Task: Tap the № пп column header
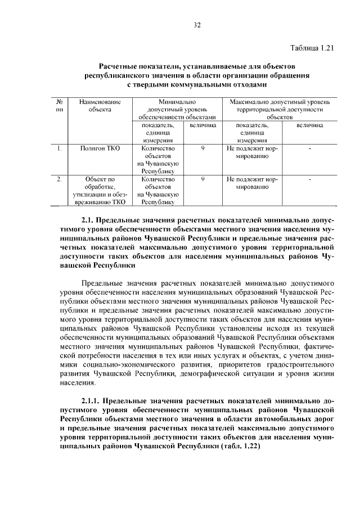point(59,106)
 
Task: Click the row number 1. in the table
point(59,148)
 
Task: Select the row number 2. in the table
point(59,179)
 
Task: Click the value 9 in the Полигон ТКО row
point(202,148)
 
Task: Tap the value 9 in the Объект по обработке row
point(202,179)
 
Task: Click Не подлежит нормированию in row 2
point(252,183)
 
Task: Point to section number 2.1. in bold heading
point(90,222)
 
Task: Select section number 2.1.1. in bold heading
point(93,402)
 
